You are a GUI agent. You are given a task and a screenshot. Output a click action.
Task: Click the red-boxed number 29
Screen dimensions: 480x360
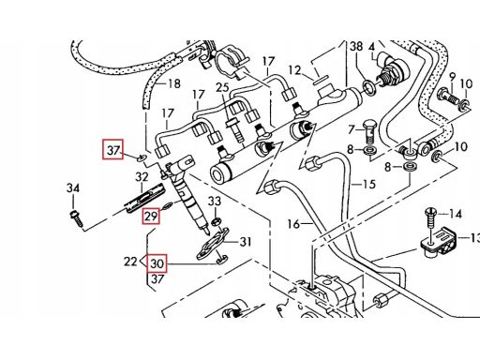point(151,217)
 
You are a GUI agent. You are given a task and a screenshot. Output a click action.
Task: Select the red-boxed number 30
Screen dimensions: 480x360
point(157,263)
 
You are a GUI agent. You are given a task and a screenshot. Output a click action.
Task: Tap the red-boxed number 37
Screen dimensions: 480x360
point(113,149)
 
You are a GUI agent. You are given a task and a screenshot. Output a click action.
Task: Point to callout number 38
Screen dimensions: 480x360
point(356,46)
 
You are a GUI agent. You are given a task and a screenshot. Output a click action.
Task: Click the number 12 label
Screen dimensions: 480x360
point(294,70)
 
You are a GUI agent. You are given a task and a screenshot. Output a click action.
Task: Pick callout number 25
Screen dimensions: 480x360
point(222,87)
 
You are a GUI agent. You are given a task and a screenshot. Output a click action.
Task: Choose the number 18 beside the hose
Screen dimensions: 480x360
point(174,83)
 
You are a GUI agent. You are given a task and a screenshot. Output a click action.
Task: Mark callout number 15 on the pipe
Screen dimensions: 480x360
point(368,184)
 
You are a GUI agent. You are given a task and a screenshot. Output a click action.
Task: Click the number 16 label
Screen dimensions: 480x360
point(293,224)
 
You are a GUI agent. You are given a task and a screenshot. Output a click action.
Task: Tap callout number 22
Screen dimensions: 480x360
point(130,262)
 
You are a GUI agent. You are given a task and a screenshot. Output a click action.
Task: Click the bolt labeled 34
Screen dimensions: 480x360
point(76,218)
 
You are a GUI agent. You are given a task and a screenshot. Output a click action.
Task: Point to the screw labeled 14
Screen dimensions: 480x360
point(430,217)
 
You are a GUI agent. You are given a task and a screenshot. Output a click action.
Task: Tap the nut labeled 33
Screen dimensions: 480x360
point(216,222)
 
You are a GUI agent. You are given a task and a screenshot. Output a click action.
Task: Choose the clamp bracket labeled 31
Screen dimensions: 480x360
point(213,244)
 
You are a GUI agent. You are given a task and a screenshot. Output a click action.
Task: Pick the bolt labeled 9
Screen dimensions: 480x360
point(450,97)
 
